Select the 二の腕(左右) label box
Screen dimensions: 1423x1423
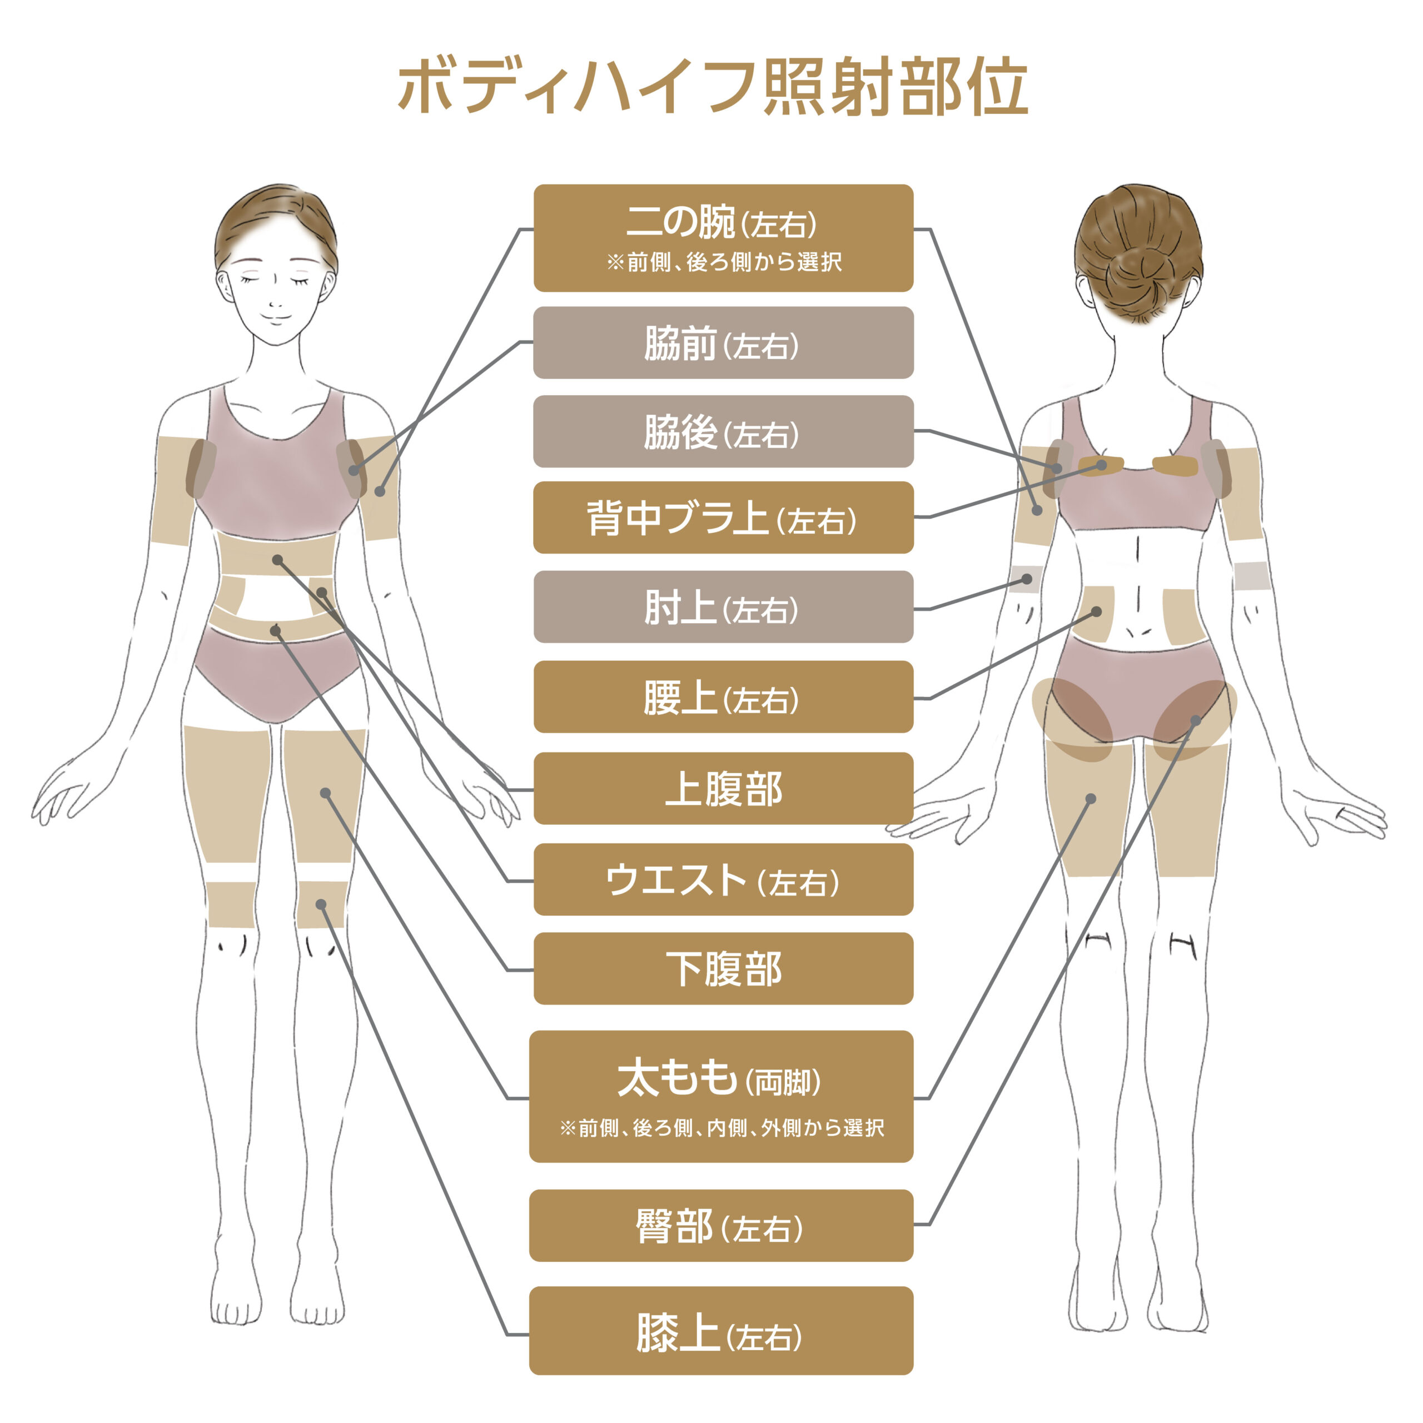[x=723, y=238]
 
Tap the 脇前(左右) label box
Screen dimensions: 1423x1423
[x=723, y=343]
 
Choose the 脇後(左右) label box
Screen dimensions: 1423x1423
[x=723, y=431]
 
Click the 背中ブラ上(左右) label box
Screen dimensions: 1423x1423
[x=723, y=518]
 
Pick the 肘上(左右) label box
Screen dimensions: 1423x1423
[x=723, y=607]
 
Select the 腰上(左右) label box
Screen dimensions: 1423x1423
[x=723, y=696]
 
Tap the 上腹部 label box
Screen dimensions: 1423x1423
[x=723, y=788]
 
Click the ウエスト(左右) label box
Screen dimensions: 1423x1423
[x=723, y=879]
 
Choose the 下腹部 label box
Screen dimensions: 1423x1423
[x=723, y=968]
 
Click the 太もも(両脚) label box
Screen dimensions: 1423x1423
[x=721, y=1096]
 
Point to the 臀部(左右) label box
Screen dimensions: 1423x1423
[x=721, y=1226]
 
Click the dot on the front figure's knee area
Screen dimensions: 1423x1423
[x=321, y=904]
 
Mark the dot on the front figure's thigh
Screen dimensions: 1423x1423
[x=326, y=793]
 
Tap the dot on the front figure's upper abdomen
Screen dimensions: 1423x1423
[x=278, y=560]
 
